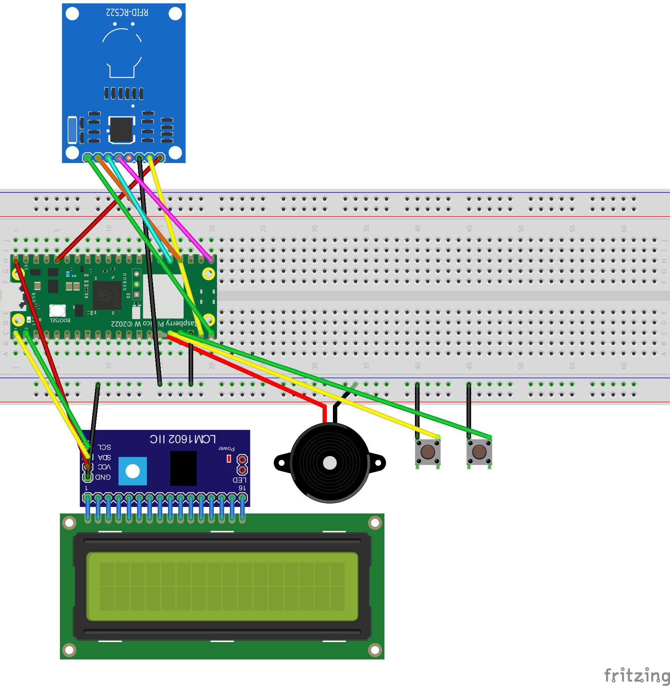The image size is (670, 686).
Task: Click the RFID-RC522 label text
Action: click(127, 13)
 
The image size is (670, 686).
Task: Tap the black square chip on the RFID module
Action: click(121, 130)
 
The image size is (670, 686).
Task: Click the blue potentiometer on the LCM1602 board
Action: click(132, 471)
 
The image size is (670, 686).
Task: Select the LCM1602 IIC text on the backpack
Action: click(183, 439)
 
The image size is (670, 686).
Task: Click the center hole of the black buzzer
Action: click(330, 463)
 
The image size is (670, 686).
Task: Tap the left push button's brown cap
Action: click(428, 452)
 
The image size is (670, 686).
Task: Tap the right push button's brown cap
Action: click(479, 452)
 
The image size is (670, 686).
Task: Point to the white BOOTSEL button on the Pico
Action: click(57, 310)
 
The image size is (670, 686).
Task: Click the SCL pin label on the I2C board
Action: click(104, 447)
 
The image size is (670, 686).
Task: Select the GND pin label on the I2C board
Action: click(103, 477)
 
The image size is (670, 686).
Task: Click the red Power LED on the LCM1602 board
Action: click(229, 458)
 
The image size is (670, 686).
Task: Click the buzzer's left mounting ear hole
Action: click(282, 463)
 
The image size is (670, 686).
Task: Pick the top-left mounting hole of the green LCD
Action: click(69, 523)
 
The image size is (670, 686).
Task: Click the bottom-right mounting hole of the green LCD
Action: click(375, 649)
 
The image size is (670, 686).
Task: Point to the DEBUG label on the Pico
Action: click(124, 281)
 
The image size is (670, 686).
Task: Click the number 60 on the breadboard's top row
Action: click(623, 228)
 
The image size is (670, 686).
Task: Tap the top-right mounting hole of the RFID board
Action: click(175, 14)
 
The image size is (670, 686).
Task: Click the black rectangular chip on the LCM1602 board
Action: click(183, 468)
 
